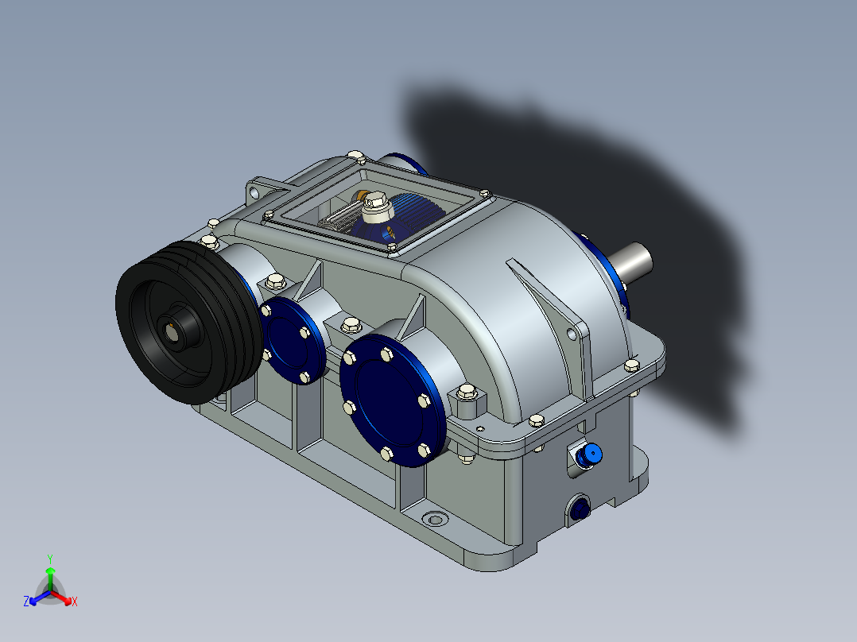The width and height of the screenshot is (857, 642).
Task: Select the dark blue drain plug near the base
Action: pyautogui.click(x=580, y=509)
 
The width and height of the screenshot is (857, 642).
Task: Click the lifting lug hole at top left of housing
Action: pyautogui.click(x=254, y=192)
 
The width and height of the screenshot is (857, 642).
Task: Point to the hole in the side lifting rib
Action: pyautogui.click(x=571, y=335)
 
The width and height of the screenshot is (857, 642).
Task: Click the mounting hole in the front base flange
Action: pyautogui.click(x=434, y=520)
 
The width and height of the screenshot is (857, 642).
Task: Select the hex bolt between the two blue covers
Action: pyautogui.click(x=349, y=324)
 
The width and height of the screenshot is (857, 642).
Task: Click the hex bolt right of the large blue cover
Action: pyautogui.click(x=466, y=393)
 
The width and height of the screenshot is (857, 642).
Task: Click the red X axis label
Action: pyautogui.click(x=75, y=602)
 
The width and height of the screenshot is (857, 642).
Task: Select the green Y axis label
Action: pyautogui.click(x=49, y=559)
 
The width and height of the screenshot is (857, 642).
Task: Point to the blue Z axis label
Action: pyautogui.click(x=26, y=601)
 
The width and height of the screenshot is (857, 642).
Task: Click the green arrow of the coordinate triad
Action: pyautogui.click(x=50, y=574)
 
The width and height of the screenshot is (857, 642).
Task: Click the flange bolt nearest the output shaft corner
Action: pyautogui.click(x=632, y=365)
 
